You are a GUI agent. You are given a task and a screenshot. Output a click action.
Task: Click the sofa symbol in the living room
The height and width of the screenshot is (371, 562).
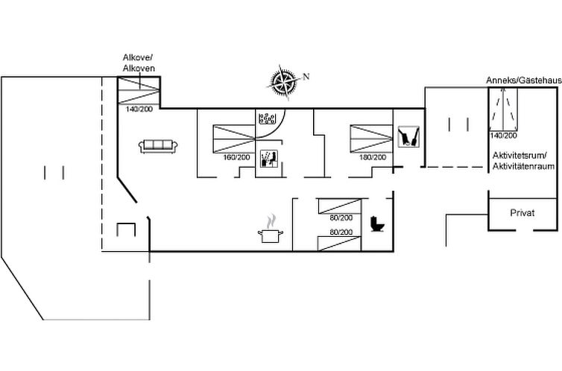pyautogui.click(x=158, y=146)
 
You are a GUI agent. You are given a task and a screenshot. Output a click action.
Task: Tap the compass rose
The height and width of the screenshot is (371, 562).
pyautogui.click(x=284, y=83)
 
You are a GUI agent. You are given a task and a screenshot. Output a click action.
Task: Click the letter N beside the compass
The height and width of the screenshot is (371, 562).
pyautogui.click(x=306, y=76)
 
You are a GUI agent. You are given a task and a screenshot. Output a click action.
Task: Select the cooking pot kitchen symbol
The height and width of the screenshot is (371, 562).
pyautogui.click(x=271, y=229)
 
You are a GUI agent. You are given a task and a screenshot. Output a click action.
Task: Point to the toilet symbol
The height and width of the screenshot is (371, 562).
pyautogui.click(x=377, y=224)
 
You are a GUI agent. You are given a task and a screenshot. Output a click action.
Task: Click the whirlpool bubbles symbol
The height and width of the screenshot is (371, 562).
pyautogui.click(x=268, y=118)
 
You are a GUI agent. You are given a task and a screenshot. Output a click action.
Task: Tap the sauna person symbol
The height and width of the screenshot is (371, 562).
pyautogui.click(x=269, y=158)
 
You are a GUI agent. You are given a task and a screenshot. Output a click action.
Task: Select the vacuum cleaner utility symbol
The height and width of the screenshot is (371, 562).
pyautogui.click(x=408, y=136)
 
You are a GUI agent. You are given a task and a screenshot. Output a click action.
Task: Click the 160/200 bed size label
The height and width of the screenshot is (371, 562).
pyautogui.click(x=236, y=157)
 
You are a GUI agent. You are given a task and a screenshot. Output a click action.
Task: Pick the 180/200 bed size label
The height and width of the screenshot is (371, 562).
pyautogui.click(x=373, y=157)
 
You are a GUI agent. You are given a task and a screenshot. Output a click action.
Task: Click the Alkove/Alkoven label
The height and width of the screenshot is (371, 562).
pyautogui.click(x=139, y=63)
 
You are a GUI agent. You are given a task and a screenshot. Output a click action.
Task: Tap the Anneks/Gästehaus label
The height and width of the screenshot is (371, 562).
pyautogui.click(x=524, y=80)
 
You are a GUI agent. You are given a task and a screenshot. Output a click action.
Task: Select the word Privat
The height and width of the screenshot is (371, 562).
pyautogui.click(x=522, y=213)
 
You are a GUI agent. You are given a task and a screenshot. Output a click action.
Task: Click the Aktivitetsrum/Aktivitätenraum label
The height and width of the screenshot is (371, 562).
pyautogui.click(x=523, y=161)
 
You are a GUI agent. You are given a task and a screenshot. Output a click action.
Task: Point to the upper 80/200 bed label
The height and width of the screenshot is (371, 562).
pyautogui.click(x=341, y=218)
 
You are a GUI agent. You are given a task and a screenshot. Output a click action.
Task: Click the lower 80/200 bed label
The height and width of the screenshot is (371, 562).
pyautogui.click(x=341, y=232)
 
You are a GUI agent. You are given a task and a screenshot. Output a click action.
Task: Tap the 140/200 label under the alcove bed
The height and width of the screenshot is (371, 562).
pyautogui.click(x=139, y=110)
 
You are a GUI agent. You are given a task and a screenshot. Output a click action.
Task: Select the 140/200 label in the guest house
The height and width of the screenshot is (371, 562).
pyautogui.click(x=503, y=136)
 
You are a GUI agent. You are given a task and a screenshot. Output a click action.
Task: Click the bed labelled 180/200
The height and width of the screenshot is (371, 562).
pyautogui.click(x=372, y=139)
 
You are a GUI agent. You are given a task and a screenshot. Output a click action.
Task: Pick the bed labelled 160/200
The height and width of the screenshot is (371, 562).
pyautogui.click(x=234, y=139)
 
